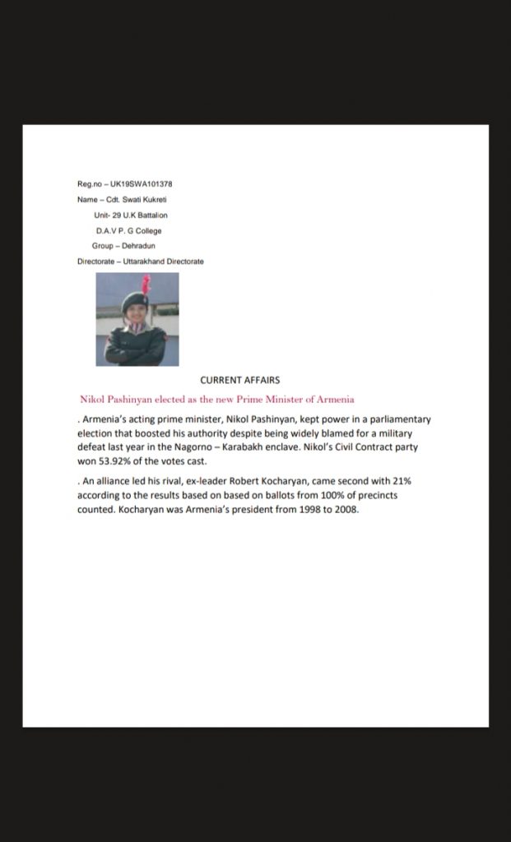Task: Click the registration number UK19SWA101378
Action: click(141, 183)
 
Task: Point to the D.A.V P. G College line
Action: click(128, 230)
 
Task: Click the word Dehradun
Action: click(138, 246)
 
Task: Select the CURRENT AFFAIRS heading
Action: click(240, 381)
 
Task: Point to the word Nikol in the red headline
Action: click(94, 400)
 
